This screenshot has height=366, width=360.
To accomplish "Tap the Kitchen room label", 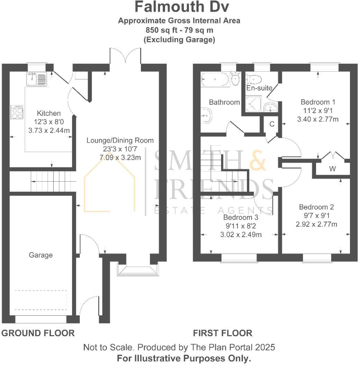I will pyautogui.click(x=49, y=113).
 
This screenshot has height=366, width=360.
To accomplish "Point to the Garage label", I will pyautogui.click(x=41, y=255).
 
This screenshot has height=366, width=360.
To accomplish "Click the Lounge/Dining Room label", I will pyautogui.click(x=120, y=140).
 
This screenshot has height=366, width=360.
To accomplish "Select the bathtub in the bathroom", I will pyautogui.click(x=215, y=80).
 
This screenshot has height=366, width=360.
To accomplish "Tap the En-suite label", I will pyautogui.click(x=259, y=88).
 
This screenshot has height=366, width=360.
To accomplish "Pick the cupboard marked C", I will pyautogui.click(x=272, y=124).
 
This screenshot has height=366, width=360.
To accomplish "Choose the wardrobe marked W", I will pyautogui.click(x=332, y=169).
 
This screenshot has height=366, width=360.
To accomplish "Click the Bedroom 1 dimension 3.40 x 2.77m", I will pyautogui.click(x=318, y=119).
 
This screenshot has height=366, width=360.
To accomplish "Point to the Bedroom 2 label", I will pyautogui.click(x=316, y=207).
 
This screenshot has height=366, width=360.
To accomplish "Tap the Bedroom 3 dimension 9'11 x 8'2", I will pyautogui.click(x=241, y=226).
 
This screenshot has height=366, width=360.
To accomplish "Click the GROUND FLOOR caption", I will pyautogui.click(x=38, y=333).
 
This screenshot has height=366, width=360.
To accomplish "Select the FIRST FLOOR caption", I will pyautogui.click(x=223, y=333).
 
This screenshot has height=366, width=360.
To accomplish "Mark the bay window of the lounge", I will pyautogui.click(x=137, y=270).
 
